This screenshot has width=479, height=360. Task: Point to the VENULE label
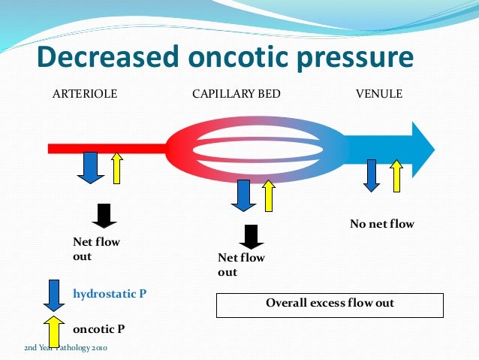pyautogui.click(x=378, y=95)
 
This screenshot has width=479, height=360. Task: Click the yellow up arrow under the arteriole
pyautogui.click(x=116, y=167)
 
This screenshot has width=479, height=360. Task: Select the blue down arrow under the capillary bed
pyautogui.click(x=242, y=194)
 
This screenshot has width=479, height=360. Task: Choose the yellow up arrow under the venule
pyautogui.click(x=396, y=175)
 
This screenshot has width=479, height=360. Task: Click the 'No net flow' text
pyautogui.click(x=382, y=224)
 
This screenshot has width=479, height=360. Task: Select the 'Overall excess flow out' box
pyautogui.click(x=330, y=304)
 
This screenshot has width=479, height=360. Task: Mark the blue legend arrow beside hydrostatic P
pyautogui.click(x=53, y=294)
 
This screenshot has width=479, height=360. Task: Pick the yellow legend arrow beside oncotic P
pyautogui.click(x=53, y=330)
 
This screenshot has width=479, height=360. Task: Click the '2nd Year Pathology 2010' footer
pyautogui.click(x=67, y=349)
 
